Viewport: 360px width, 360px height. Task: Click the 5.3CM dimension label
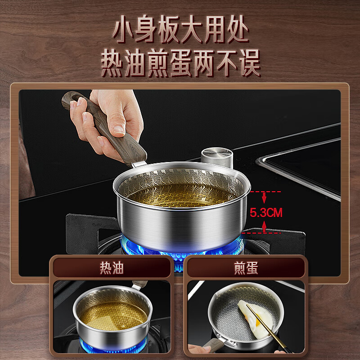click(266, 212)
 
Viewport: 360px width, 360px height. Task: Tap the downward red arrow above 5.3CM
click(264, 198)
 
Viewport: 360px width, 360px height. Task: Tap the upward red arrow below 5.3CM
click(264, 227)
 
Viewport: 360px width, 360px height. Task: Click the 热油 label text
click(112, 268)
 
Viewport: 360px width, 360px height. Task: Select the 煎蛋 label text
click(246, 268)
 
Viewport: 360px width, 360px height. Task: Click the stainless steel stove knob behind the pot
click(217, 157)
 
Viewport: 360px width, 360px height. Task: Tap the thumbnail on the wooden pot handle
click(119, 130)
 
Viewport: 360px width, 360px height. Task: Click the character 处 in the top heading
click(238, 29)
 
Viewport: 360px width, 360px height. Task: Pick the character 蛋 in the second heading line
click(181, 63)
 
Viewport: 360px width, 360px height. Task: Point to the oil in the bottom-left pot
click(113, 316)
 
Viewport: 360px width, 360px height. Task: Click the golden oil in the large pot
click(181, 195)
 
